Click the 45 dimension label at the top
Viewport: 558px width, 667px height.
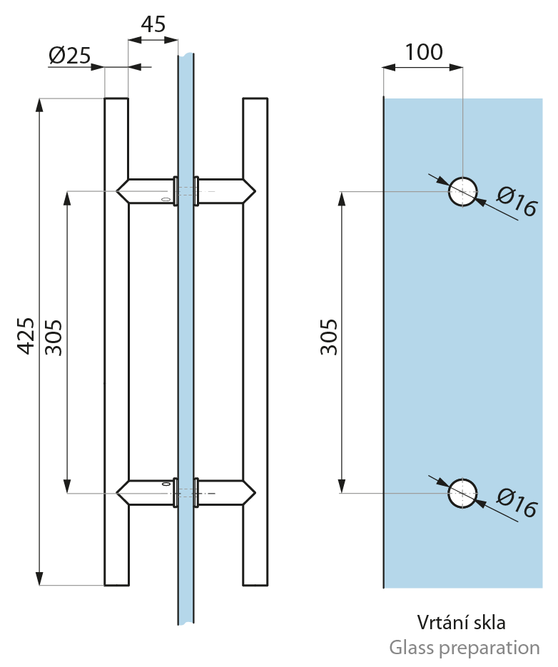pyautogui.click(x=153, y=24)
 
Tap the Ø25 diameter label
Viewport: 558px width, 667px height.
pyautogui.click(x=70, y=56)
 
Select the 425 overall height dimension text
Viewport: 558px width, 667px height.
pyautogui.click(x=26, y=335)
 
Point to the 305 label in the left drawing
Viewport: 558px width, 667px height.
pyautogui.click(x=54, y=337)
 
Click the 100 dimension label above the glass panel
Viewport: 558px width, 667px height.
pyautogui.click(x=423, y=52)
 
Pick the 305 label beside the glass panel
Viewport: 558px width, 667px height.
pyautogui.click(x=329, y=337)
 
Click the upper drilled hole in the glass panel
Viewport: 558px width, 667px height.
pyautogui.click(x=462, y=191)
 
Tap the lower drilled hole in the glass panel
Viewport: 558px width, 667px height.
pyautogui.click(x=462, y=493)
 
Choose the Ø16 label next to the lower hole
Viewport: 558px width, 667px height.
pyautogui.click(x=517, y=504)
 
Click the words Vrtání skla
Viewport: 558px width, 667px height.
pyautogui.click(x=462, y=622)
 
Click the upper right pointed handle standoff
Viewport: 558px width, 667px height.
pyautogui.click(x=226, y=191)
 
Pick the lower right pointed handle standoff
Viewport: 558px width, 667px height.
pyautogui.click(x=226, y=492)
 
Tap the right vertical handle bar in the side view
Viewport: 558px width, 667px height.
pyautogui.click(x=255, y=342)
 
